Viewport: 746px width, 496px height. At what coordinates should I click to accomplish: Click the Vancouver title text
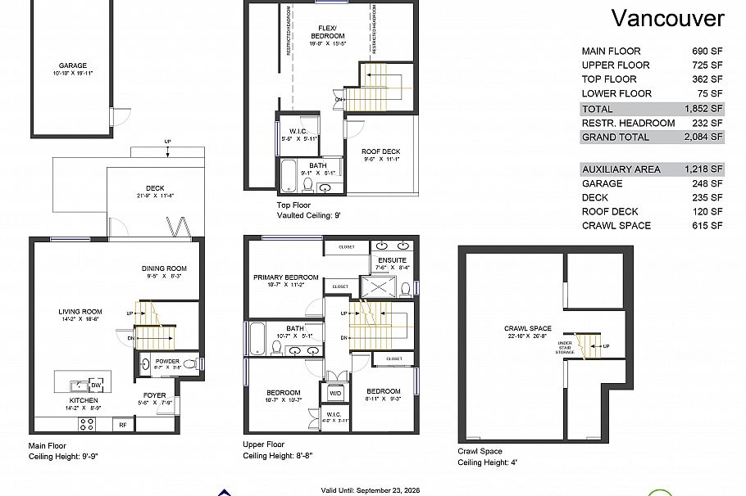[x=668, y=19]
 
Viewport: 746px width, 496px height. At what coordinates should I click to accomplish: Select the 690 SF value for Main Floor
[x=706, y=51]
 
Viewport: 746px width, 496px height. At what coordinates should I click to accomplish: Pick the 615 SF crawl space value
[x=706, y=225]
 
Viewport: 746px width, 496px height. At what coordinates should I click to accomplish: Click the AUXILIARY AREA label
[x=621, y=169]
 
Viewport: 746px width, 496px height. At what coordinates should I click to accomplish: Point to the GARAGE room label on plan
[x=72, y=65]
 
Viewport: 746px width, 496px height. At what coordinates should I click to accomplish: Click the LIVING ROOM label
[x=80, y=311]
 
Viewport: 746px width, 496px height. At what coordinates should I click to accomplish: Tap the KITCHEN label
[x=84, y=400]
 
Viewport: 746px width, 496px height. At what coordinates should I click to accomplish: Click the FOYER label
[x=154, y=395]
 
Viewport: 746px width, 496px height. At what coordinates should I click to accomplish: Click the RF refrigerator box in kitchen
[x=122, y=425]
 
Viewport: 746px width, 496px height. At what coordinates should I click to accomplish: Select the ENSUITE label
[x=392, y=259]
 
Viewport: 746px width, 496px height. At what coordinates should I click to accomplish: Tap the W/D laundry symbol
[x=335, y=393]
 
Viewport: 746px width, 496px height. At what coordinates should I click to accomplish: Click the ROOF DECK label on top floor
[x=380, y=151]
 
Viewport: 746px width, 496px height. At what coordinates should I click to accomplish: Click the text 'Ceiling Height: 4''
[x=487, y=462]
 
